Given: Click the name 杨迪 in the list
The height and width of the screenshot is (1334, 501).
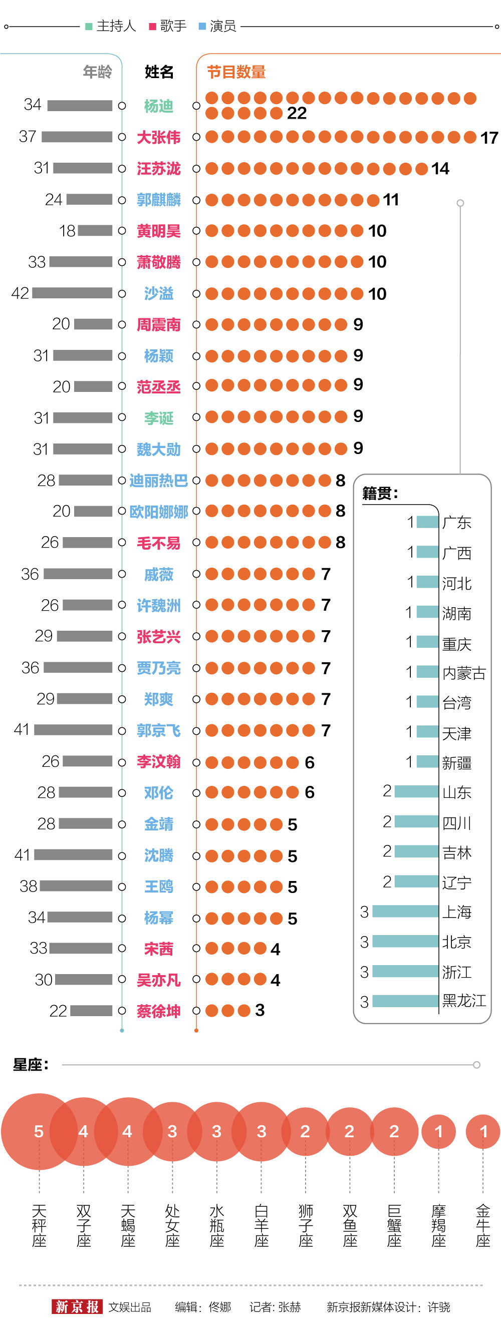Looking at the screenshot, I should point(158,106).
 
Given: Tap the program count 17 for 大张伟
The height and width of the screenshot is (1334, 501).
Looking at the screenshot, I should point(489,138).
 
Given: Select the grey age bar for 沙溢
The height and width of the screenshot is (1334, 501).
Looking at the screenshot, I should point(72,293).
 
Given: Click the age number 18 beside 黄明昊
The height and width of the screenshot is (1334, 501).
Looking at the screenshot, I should point(67,231).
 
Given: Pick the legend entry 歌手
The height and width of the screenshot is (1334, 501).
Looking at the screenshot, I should point(168,26).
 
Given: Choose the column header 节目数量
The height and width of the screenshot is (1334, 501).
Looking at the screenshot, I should point(236,72).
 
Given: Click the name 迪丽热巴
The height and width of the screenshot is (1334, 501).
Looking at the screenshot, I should point(158,481).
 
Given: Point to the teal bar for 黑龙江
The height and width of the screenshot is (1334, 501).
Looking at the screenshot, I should point(405,1001).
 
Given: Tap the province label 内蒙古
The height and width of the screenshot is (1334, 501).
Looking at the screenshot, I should point(464,673).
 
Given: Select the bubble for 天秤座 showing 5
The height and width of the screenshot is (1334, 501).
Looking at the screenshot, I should point(39,1131).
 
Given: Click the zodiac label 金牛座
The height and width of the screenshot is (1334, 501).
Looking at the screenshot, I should point(483,1226).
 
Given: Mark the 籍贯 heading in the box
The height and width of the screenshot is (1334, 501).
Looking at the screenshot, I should point(380,494).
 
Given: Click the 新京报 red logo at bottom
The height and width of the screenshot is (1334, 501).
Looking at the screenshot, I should point(77,1306).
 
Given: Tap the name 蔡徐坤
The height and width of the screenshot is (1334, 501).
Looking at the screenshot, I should point(158,1011).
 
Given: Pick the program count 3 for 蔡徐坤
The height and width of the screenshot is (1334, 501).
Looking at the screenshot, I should point(260,1010).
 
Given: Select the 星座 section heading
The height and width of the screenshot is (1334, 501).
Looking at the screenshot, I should point(31,1065).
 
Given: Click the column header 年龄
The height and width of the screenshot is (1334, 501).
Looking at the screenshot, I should point(97,72).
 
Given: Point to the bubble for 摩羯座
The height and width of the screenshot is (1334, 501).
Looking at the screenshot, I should point(438,1131).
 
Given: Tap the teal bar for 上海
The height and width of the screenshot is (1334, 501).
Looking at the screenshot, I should point(405,912).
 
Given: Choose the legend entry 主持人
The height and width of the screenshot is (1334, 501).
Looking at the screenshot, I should point(111,26).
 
